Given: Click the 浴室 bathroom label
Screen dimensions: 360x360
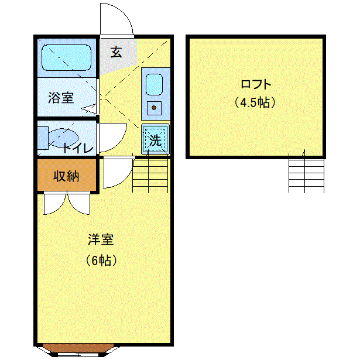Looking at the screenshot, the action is (x=61, y=98).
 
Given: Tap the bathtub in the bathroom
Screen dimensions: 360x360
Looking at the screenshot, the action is (x=67, y=57).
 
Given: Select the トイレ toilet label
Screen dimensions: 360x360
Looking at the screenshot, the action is (x=78, y=148).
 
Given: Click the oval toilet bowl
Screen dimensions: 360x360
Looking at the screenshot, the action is (x=63, y=138).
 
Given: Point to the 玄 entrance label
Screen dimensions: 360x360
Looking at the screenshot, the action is (x=116, y=52).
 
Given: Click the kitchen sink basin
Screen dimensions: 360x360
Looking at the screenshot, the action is (x=155, y=84).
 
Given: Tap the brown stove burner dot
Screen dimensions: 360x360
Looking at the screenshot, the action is (x=154, y=108).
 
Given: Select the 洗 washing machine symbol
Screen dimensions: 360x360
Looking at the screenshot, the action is (x=156, y=139).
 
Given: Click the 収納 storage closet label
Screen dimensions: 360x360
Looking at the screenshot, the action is (x=66, y=176).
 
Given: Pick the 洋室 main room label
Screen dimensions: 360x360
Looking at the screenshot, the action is (x=101, y=239).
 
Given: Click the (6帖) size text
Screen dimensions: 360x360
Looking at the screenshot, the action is (x=101, y=260).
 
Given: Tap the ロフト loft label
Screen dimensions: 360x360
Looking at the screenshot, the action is (x=256, y=84).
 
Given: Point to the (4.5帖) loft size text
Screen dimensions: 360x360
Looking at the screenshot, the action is (x=255, y=102).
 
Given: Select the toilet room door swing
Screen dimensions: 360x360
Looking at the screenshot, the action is (x=120, y=143).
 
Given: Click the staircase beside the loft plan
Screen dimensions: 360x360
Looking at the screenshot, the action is (x=306, y=173).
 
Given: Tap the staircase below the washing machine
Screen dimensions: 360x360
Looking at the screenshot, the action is (x=150, y=175).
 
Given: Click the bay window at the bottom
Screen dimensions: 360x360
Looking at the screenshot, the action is (x=78, y=351).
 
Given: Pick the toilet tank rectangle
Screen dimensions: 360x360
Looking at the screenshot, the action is (x=43, y=138).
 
